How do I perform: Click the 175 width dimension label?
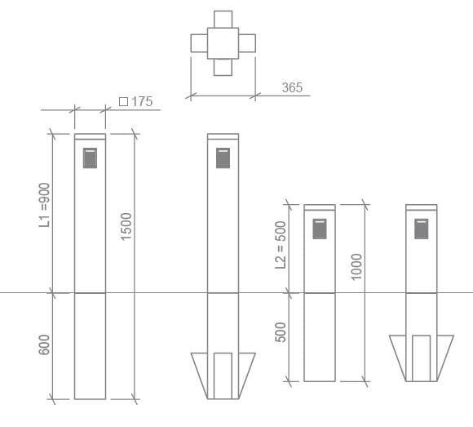(x=142, y=102)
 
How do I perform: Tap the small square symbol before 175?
(x=123, y=102)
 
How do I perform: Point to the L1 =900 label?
(x=46, y=204)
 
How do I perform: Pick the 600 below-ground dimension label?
(x=46, y=345)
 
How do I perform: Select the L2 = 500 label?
(x=281, y=244)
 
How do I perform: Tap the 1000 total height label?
(x=356, y=266)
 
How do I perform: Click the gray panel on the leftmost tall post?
(x=90, y=158)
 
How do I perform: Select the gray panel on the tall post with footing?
(x=223, y=158)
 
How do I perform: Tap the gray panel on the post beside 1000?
(x=320, y=229)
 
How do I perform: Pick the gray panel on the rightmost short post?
(x=422, y=229)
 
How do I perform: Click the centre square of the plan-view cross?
(x=223, y=42)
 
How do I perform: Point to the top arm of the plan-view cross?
(x=223, y=18)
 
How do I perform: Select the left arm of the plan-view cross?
(x=198, y=42)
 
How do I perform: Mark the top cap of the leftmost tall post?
(x=90, y=136)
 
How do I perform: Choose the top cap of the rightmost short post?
(x=422, y=207)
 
